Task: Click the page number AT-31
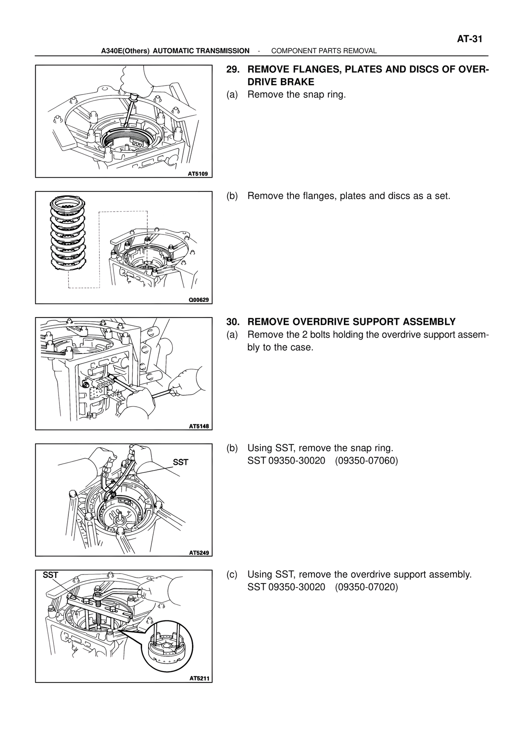coord(470,39)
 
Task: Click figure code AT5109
coord(198,174)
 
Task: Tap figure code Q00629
coord(199,300)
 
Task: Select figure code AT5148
coord(199,426)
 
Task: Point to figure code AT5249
coord(199,553)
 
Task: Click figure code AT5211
coord(199,678)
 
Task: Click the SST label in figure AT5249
coord(181,462)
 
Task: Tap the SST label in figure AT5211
coord(50,575)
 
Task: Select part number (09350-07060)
coord(366,461)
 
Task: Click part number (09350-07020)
coord(366,587)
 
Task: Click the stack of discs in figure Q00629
coord(68,234)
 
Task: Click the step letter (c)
coord(232,574)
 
